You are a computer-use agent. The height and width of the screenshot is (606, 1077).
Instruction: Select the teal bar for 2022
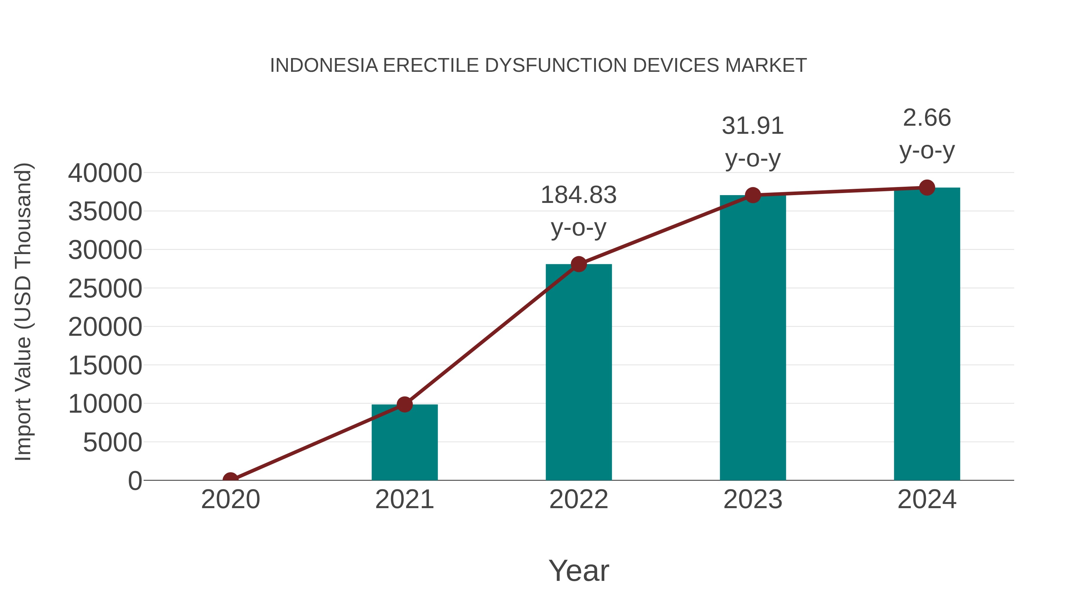click(x=579, y=372)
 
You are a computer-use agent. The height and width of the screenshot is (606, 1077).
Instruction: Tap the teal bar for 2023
click(x=753, y=339)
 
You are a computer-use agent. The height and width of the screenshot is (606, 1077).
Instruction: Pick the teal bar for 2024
click(x=927, y=335)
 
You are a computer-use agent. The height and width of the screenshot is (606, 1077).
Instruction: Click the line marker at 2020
click(x=230, y=479)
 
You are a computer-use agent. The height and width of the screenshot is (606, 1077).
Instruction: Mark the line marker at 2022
click(x=579, y=264)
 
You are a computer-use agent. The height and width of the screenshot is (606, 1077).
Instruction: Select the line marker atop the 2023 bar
click(x=753, y=195)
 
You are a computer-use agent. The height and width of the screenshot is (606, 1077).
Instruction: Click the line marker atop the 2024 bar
click(x=927, y=187)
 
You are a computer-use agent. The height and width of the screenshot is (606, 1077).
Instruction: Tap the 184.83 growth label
click(x=579, y=195)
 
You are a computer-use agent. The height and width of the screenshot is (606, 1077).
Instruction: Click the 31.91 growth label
click(x=753, y=126)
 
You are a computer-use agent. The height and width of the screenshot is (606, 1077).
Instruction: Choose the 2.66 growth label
click(x=927, y=118)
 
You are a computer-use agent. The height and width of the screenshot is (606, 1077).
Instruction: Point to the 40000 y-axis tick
click(x=105, y=173)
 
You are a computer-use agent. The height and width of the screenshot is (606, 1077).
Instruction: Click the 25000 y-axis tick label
click(x=105, y=288)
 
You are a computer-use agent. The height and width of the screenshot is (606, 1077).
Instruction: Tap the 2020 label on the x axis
click(x=230, y=499)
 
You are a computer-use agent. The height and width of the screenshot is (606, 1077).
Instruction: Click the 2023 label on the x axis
click(x=753, y=499)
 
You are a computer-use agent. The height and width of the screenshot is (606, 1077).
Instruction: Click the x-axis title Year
click(x=579, y=571)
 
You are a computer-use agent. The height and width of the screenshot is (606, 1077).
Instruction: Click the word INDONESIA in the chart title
click(x=324, y=66)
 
